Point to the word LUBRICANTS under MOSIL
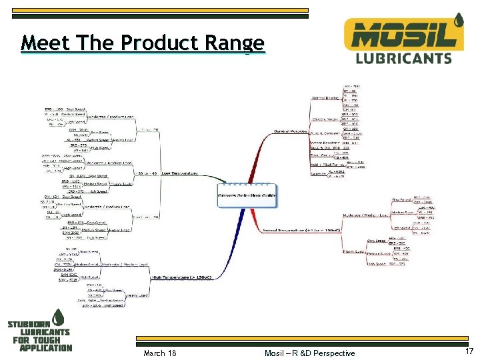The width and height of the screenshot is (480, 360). (403, 58)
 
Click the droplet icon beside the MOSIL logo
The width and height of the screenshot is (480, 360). (458, 21)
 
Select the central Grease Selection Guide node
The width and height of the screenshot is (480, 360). (247, 195)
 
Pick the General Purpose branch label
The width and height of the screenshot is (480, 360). (290, 131)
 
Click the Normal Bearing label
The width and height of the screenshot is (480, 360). (325, 99)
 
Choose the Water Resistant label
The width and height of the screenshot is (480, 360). (325, 143)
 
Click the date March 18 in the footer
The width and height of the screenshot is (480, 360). (160, 353)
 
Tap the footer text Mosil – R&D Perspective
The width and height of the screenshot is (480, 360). (309, 353)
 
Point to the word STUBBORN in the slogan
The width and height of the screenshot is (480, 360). (30, 325)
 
